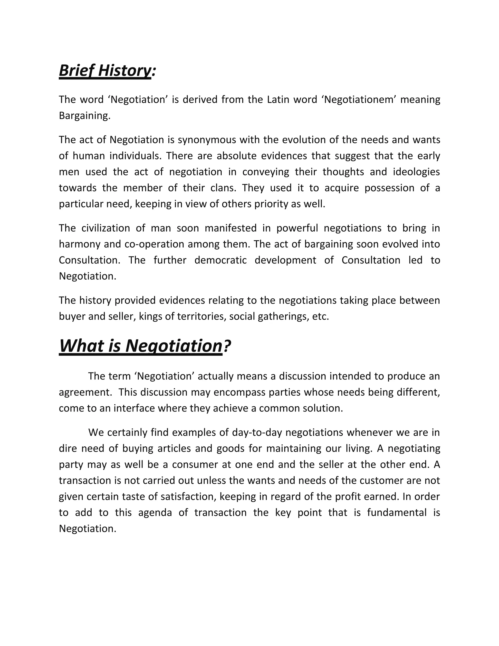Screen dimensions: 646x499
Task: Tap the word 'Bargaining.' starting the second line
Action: click(85, 116)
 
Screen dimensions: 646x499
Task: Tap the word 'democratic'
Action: click(221, 260)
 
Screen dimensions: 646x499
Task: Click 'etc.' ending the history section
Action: click(320, 316)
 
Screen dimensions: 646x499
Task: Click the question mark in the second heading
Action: click(227, 345)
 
